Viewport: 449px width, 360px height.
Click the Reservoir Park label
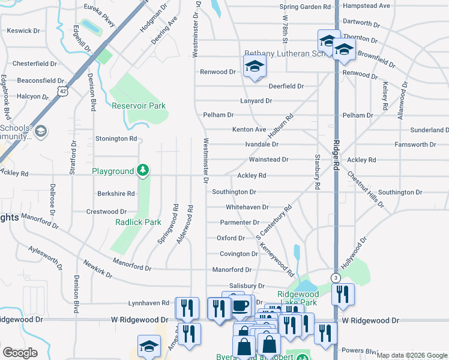pyautogui.click(x=139, y=106)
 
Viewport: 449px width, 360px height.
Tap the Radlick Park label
pyautogui.click(x=138, y=222)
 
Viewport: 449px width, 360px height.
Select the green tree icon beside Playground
pyautogui.click(x=143, y=171)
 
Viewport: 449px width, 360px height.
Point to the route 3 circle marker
pyautogui.click(x=335, y=278)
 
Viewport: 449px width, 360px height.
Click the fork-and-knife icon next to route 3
pyautogui.click(x=343, y=295)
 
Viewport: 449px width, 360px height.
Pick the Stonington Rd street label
pyautogui.click(x=116, y=139)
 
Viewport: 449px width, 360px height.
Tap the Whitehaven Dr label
pyautogui.click(x=247, y=207)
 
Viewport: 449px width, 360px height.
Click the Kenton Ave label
pyautogui.click(x=249, y=130)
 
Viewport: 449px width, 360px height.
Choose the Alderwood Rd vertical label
pyautogui.click(x=190, y=225)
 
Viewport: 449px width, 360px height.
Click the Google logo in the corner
pyautogui.click(x=20, y=353)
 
